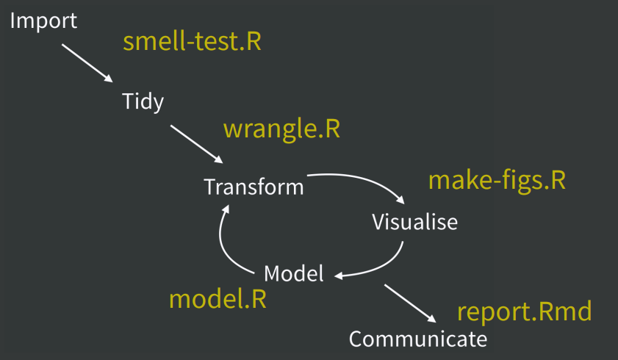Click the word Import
(x=43, y=21)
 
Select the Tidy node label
(x=143, y=101)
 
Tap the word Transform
(x=254, y=187)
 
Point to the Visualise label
(x=414, y=221)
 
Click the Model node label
(x=293, y=274)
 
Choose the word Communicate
(x=417, y=339)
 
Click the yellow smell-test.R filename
(x=192, y=41)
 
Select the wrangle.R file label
(x=281, y=129)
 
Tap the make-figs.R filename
(x=497, y=181)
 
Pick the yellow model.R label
(x=218, y=299)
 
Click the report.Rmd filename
(x=524, y=312)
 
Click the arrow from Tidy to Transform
(x=196, y=144)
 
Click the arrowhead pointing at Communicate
(x=429, y=317)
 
